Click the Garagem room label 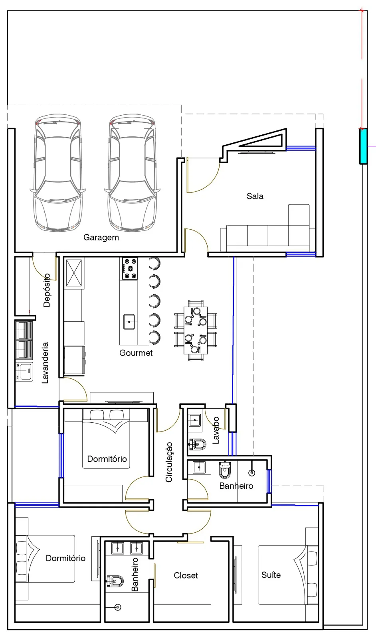click(101, 238)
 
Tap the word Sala click(255, 196)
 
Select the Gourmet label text click(136, 353)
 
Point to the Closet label click(186, 575)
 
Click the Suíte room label click(271, 575)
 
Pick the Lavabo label click(216, 430)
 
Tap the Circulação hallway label click(169, 462)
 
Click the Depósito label click(47, 290)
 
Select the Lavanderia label click(45, 362)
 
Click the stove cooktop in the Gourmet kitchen click(130, 268)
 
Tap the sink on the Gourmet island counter click(129, 322)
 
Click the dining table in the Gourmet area click(196, 331)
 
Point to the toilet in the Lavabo click(198, 444)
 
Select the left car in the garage click(58, 173)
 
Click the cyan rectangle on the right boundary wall click(364, 146)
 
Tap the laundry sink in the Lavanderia click(24, 371)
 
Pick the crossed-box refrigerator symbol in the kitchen click(74, 273)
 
